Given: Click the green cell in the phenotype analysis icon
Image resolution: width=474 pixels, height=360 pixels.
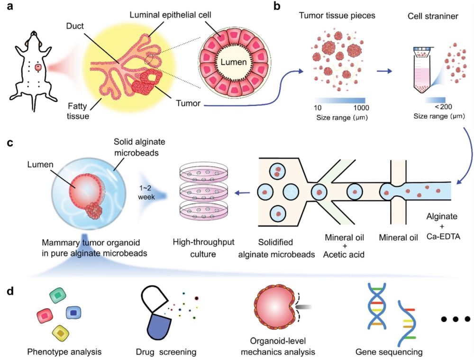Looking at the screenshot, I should tap(58, 296).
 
